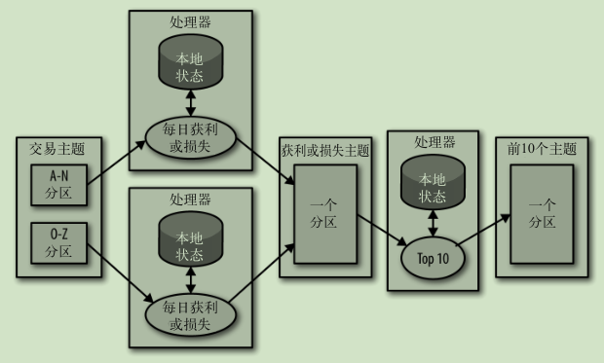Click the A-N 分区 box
coord(58,185)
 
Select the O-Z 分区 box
coord(58,243)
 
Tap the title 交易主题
coord(57,149)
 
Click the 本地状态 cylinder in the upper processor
coord(190,66)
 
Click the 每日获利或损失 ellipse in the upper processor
coord(190,137)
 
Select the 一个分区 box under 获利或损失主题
coord(324,214)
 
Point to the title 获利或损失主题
coord(325,151)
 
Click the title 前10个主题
coord(543,149)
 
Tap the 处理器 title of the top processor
coord(190,21)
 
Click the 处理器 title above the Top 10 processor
coord(434,142)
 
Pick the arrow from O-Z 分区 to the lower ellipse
coord(116,270)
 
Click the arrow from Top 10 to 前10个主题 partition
coord(487,233)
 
